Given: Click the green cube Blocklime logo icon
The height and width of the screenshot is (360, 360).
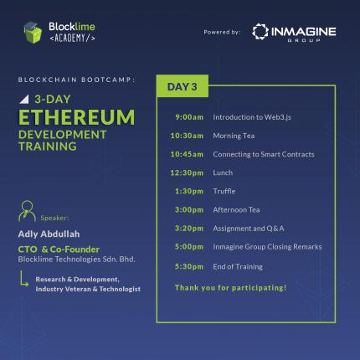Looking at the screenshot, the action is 33,33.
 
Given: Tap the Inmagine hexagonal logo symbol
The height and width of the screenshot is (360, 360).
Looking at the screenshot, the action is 260,32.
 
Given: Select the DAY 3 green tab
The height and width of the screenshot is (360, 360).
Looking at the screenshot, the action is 183,86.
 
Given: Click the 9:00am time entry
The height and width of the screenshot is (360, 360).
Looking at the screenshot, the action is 189,117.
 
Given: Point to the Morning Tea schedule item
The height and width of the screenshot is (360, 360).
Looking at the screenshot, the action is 234,136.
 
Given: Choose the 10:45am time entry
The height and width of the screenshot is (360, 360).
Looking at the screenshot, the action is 187,154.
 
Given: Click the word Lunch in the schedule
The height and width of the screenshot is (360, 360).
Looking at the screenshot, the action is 223,172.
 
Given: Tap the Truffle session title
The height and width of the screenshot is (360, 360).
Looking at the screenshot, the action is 224,191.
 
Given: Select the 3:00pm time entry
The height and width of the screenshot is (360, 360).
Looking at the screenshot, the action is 189,210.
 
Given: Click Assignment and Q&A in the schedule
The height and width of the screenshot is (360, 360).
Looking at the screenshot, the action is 249,229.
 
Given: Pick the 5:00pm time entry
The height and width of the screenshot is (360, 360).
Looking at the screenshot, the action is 189,247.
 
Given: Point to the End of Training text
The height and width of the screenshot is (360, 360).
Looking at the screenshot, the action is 238,267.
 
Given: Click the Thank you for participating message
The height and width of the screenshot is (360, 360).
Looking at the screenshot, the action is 230,288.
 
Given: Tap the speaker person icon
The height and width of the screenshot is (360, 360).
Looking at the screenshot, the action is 27,211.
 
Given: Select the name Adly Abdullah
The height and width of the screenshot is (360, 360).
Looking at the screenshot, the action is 49,234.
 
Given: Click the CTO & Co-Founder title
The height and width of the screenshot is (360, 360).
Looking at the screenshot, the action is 59,249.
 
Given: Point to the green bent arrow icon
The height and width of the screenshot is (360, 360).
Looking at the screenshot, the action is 23,278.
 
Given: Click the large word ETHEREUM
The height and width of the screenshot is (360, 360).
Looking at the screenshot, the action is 77,117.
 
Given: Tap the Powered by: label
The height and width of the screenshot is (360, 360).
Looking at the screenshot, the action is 222,32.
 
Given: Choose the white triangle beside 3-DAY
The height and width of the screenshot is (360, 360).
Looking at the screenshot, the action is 24,99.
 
